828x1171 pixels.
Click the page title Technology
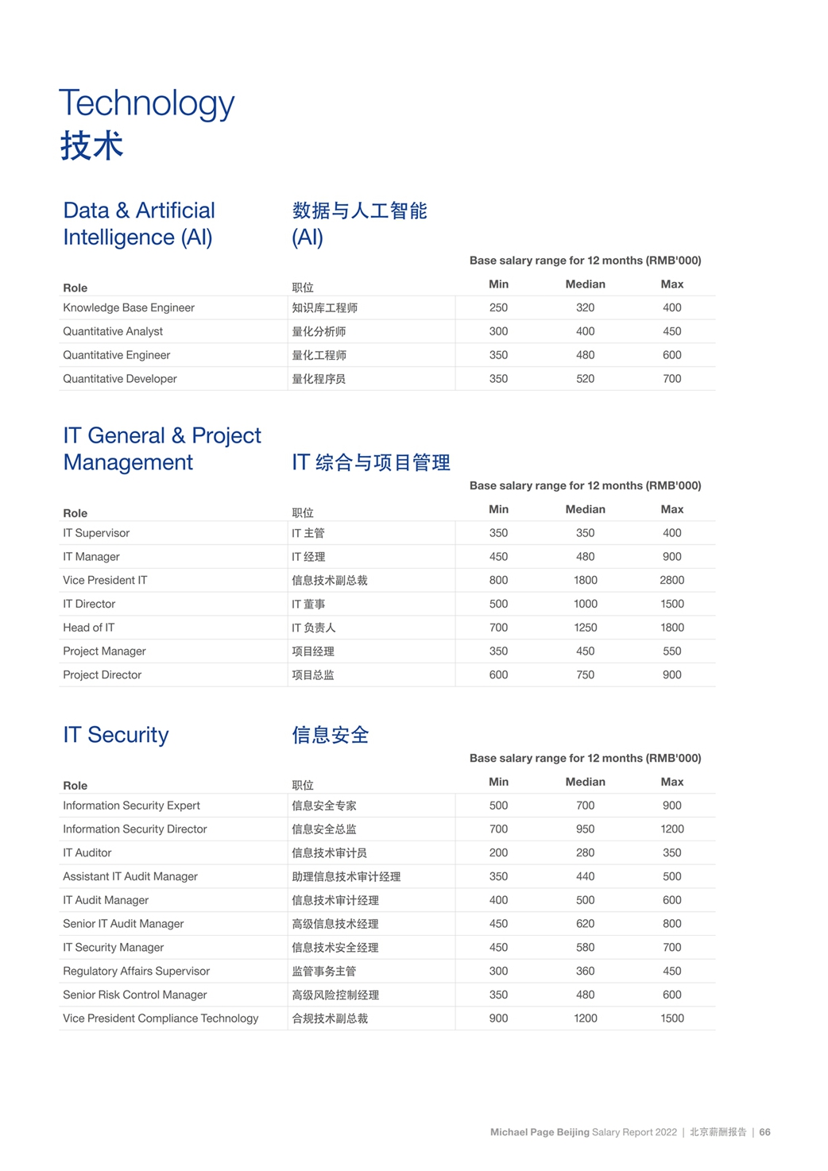(146, 103)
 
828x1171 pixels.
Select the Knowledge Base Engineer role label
(129, 307)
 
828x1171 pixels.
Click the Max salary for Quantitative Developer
(671, 379)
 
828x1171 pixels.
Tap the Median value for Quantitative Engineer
(585, 355)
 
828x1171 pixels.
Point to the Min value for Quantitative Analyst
(498, 331)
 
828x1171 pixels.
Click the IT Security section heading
(116, 735)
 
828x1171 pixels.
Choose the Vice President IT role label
(105, 580)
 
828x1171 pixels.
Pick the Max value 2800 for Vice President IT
(671, 580)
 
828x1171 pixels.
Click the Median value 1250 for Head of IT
(585, 628)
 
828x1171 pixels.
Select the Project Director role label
(102, 674)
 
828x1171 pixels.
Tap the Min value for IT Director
(498, 604)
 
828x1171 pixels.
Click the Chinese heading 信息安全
(331, 735)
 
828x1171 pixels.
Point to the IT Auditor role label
(87, 852)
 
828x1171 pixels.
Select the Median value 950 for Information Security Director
(585, 829)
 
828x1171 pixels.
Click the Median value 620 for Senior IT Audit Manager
(585, 924)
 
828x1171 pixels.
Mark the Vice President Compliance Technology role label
(161, 1018)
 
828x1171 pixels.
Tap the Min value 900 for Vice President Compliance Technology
(498, 1018)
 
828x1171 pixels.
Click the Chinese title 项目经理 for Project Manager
(313, 651)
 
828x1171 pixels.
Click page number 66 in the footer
(764, 1132)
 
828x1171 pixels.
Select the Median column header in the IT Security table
(585, 782)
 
